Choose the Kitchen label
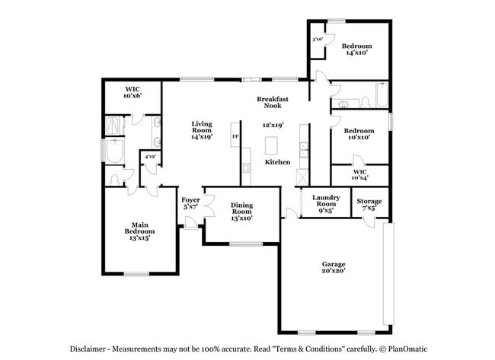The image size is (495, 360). tap(277, 162)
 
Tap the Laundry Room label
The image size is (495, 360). tap(325, 201)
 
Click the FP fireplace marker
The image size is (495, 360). tap(235, 136)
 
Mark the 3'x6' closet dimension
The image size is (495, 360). tap(317, 40)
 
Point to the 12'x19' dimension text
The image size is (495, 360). tap(273, 125)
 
